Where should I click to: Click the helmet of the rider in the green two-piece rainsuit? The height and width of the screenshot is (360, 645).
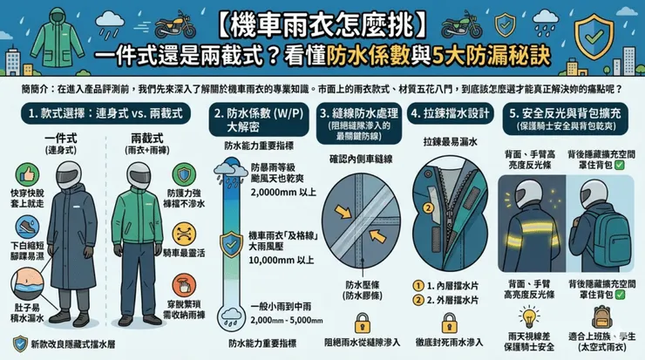coord(136,178)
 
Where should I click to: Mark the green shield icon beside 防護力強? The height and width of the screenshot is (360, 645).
coord(182,173)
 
